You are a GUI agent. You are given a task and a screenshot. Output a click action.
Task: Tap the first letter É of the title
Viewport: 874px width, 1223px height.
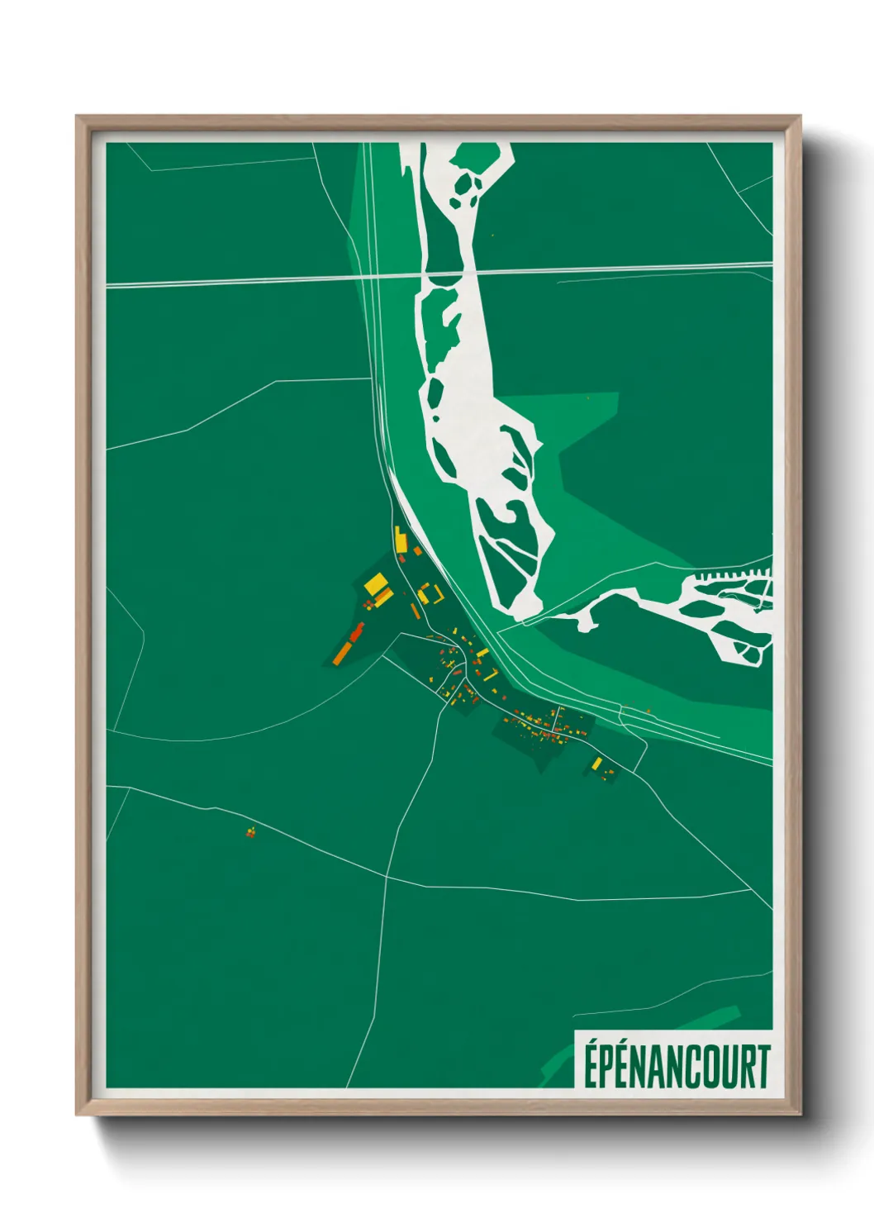tap(591, 1067)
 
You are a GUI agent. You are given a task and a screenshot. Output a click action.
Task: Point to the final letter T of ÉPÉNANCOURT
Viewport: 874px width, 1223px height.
tap(762, 1067)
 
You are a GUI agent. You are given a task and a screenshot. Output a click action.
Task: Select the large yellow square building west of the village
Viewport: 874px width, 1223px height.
tap(376, 585)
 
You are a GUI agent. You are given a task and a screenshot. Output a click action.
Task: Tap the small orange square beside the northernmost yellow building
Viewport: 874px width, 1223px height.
tap(417, 550)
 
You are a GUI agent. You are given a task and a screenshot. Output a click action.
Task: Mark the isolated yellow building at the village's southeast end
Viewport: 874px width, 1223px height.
tap(596, 763)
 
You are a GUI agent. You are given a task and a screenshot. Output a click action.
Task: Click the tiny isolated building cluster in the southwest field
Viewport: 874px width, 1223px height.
tap(250, 832)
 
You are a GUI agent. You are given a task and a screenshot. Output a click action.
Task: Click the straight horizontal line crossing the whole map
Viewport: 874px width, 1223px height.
tap(248, 281)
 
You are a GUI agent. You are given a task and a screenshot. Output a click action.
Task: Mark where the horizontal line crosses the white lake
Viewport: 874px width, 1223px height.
tap(450, 274)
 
